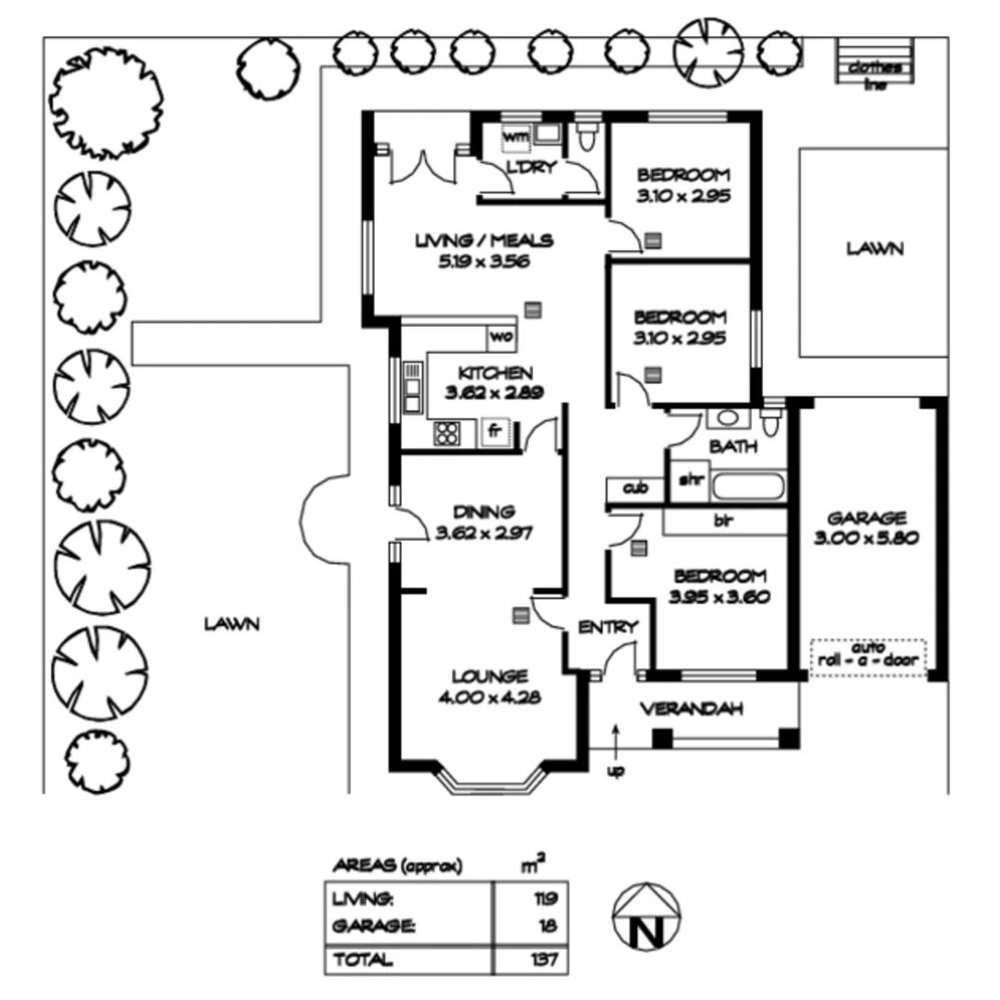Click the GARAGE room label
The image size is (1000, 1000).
[867, 518]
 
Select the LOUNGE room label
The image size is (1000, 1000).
[489, 676]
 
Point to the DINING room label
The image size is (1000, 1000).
[483, 512]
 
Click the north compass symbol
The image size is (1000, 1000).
[646, 916]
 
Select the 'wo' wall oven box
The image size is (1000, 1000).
[500, 336]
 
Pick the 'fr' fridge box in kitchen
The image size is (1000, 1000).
[495, 431]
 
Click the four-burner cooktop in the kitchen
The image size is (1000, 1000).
[447, 432]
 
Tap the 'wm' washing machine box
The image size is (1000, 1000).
[514, 137]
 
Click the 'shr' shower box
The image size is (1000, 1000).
[688, 481]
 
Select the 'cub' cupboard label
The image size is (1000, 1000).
[633, 487]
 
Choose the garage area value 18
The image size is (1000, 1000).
[549, 925]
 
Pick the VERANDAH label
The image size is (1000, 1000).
[693, 710]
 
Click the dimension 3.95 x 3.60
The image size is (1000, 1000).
[719, 596]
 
